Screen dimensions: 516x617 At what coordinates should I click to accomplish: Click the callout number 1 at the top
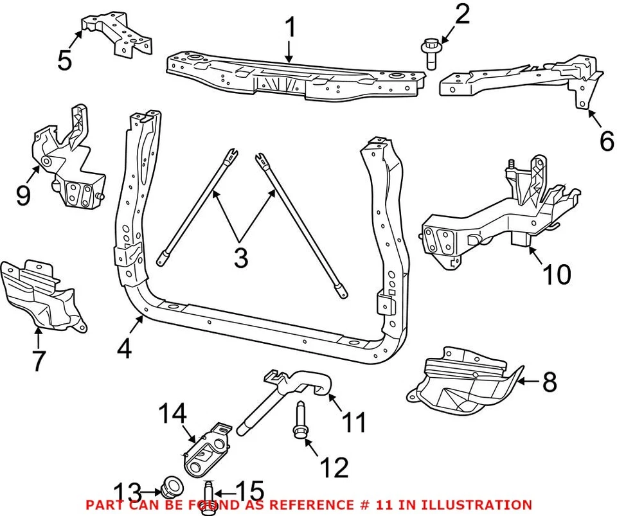coord(291,28)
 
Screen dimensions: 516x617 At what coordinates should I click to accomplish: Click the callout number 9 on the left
coord(23,195)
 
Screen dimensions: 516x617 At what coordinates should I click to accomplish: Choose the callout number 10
coord(556,275)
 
